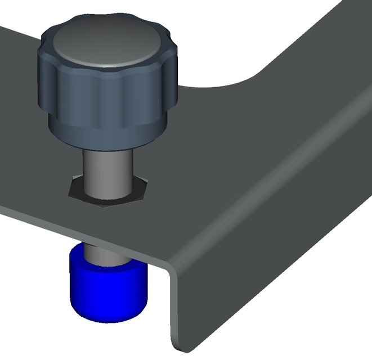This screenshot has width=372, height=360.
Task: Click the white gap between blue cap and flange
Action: pyautogui.click(x=158, y=304)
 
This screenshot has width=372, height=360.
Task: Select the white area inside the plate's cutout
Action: pyautogui.click(x=214, y=39)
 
